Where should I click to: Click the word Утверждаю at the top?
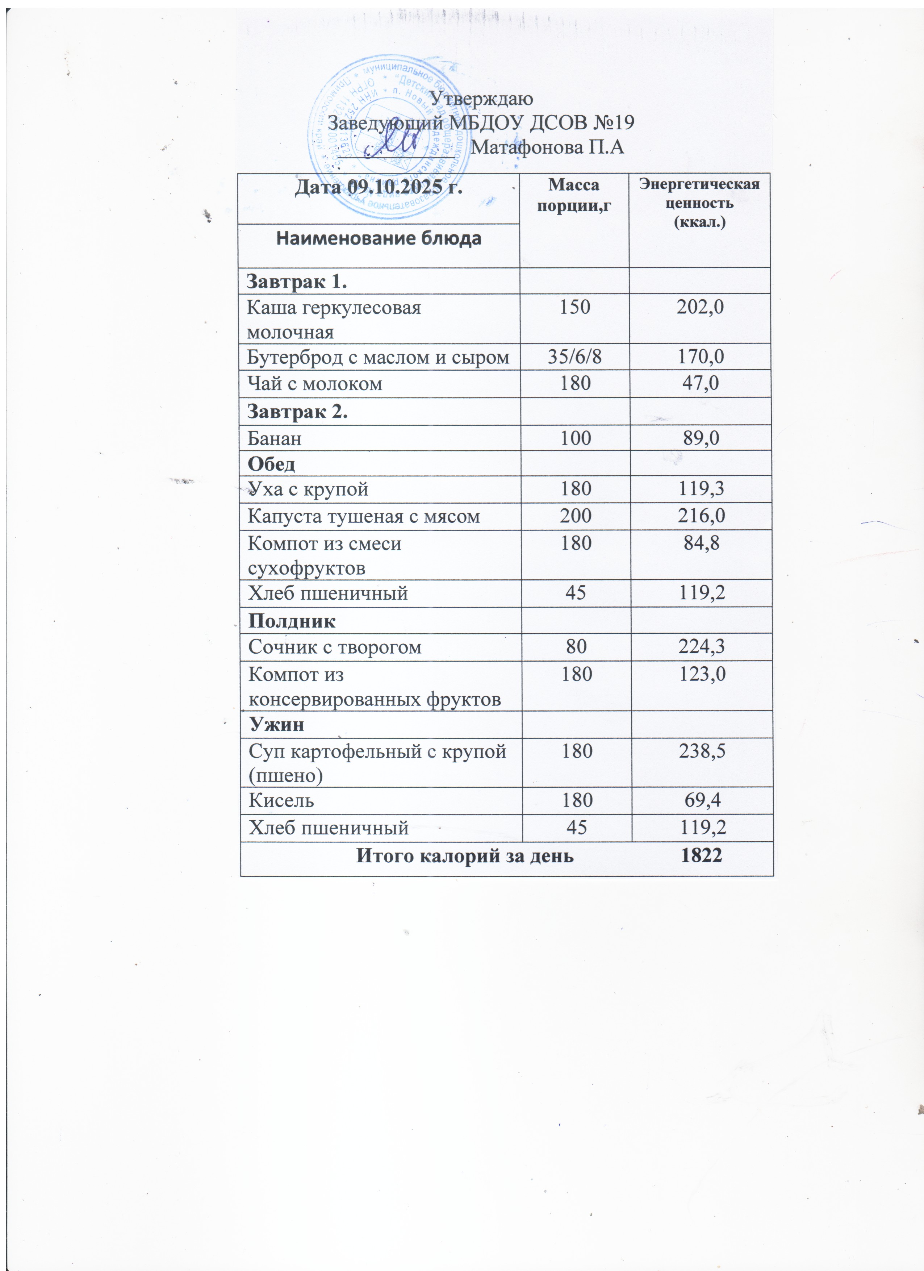pos(481,99)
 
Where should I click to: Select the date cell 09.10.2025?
pos(378,187)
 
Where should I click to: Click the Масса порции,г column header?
pos(573,195)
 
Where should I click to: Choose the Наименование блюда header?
pos(379,239)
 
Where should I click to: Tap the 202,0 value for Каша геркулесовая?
pos(700,307)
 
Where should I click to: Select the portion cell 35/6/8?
pos(574,357)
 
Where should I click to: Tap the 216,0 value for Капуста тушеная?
pos(701,516)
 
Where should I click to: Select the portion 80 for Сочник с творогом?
pos(576,647)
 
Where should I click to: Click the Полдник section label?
pos(292,621)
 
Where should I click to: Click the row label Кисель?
pos(281,800)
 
